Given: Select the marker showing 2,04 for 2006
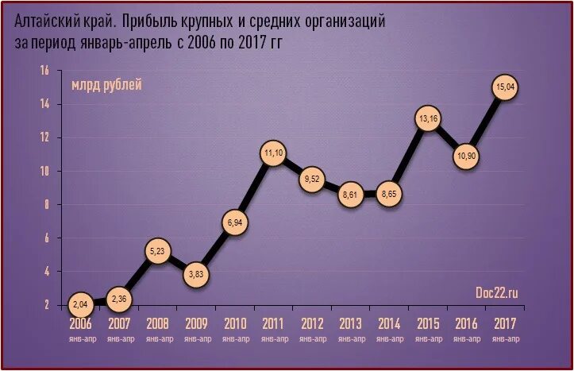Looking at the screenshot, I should pos(79,304).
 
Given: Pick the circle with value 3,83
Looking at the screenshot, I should pos(195,275).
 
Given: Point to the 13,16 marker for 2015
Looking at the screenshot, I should pos(428,119).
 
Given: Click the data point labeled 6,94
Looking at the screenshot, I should pos(235,223).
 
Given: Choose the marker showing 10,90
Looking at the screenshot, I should pos(467,157).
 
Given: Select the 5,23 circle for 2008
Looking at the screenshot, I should pos(156,252).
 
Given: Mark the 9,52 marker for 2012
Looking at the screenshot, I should pos(312,180).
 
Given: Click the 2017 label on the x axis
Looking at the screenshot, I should pos(506,324).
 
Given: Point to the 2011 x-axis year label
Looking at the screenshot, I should pos(273,324).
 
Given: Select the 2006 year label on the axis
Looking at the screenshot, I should pos(79,324).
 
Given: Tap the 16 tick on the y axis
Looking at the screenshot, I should pos(44,71).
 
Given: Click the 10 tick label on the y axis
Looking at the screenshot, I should pos(44,171).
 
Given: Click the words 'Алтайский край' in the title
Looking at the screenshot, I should pos(64,22).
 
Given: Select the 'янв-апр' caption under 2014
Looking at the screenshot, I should pos(390,339).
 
